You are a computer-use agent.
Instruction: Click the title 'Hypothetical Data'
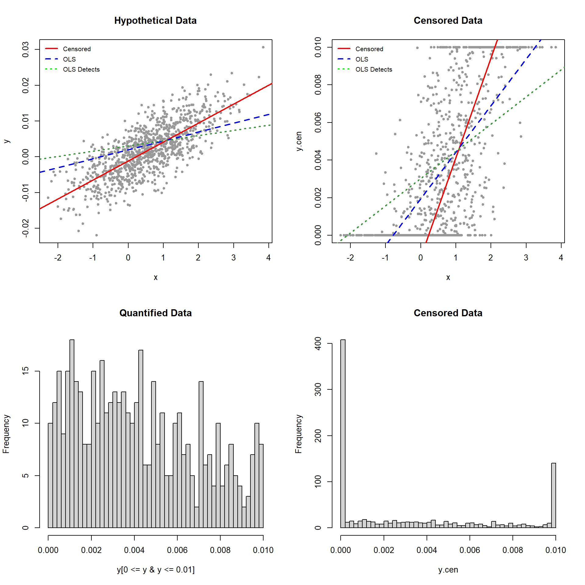(155, 20)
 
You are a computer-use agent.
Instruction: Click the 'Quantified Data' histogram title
(155, 313)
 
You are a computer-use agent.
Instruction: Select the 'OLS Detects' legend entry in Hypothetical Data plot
(81, 69)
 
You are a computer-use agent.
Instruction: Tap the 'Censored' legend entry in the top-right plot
(369, 49)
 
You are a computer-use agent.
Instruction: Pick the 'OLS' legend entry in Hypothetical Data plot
(69, 59)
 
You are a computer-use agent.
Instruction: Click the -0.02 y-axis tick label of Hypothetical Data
(26, 228)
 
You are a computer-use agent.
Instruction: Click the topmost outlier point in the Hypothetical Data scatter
(263, 47)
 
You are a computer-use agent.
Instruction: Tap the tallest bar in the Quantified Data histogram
(72, 433)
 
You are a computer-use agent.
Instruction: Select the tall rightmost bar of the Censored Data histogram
(554, 495)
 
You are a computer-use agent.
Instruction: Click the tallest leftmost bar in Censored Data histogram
(343, 433)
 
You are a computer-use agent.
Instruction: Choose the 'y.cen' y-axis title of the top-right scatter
(299, 141)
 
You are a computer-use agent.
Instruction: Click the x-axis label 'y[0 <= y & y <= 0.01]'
(155, 569)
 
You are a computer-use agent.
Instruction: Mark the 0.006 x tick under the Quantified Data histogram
(177, 550)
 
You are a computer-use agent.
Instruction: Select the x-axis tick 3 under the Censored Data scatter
(526, 258)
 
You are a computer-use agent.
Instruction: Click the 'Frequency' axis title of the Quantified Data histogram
(6, 434)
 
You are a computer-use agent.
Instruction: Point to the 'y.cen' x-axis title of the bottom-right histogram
(448, 569)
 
